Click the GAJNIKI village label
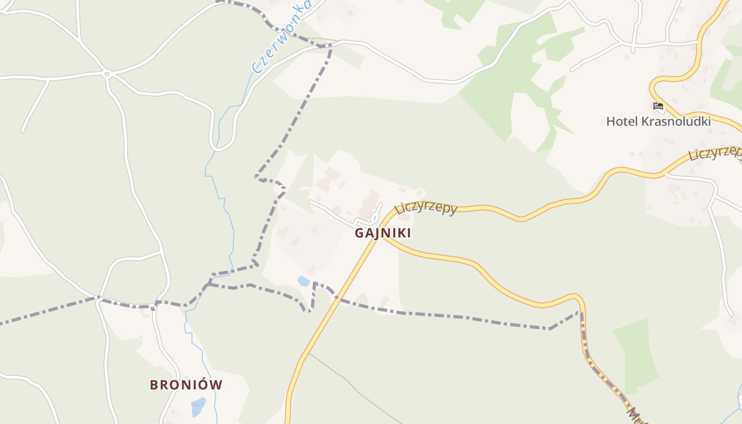point(383,233)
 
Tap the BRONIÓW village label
point(186,385)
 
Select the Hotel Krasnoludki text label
point(658,121)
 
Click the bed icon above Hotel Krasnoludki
point(658,106)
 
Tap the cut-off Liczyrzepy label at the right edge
point(715,153)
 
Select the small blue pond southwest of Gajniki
point(304,281)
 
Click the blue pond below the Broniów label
point(198,407)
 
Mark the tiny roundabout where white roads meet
point(107,74)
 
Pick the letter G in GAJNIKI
point(360,233)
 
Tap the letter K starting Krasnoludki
point(645,121)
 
